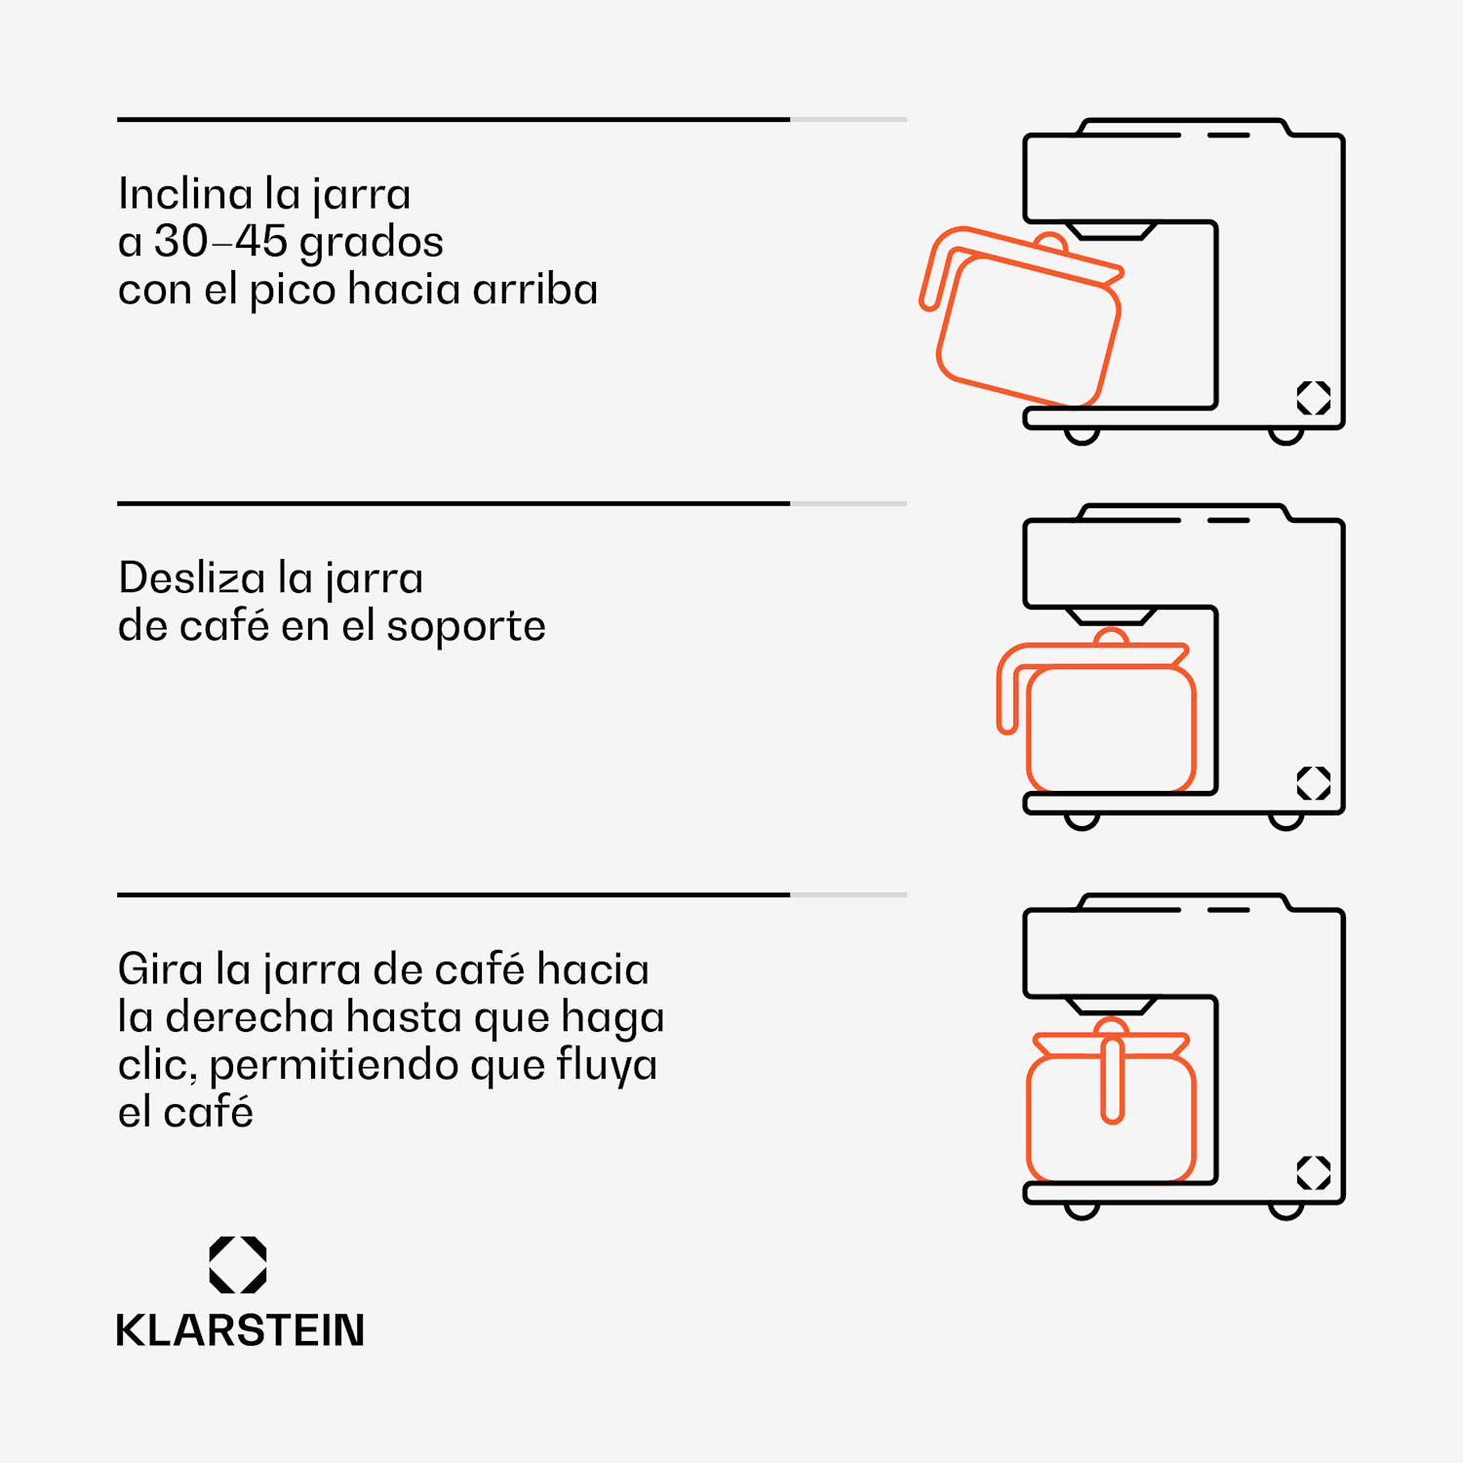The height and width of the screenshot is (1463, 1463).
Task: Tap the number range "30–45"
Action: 221,242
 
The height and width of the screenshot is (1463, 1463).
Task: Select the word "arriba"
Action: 534,290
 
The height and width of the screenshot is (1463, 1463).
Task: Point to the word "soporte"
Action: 466,627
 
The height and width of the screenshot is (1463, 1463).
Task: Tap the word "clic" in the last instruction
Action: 157,1065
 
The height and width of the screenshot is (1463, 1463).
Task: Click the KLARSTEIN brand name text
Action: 240,1330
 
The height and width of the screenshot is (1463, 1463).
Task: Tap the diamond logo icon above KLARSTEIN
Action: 238,1265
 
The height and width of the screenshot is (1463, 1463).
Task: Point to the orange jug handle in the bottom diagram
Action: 1112,1079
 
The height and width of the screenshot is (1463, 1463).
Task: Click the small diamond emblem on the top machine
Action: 1314,398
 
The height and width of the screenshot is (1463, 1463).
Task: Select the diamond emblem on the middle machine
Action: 1314,783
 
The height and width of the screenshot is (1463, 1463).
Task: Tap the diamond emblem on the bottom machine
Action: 1314,1172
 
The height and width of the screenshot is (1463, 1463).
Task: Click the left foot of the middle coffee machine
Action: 1082,821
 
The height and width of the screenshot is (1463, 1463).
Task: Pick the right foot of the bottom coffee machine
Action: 1286,1211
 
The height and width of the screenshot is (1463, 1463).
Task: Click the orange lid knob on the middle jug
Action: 1111,637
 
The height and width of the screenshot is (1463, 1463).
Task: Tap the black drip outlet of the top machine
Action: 1111,231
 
